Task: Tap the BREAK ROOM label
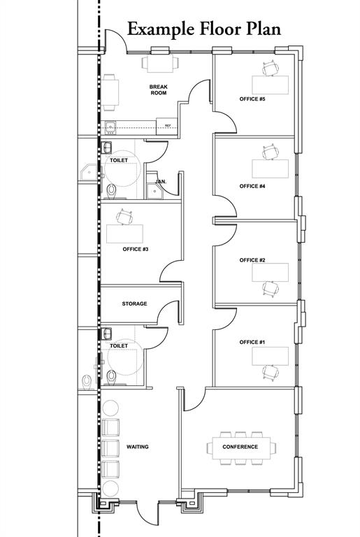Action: click(x=158, y=90)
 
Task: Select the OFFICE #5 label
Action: click(x=252, y=99)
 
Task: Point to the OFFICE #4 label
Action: click(x=252, y=187)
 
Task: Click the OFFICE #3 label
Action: click(x=135, y=249)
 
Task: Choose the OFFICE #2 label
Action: click(x=252, y=260)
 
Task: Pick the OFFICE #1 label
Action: click(x=252, y=342)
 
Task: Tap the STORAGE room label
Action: click(x=134, y=304)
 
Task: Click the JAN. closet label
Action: click(x=160, y=181)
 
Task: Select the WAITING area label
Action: click(x=138, y=446)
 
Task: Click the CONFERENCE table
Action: click(x=240, y=447)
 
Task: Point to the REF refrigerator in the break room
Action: click(x=168, y=126)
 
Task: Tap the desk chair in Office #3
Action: click(x=126, y=216)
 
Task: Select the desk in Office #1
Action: click(x=270, y=356)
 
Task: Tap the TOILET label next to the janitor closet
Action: click(x=119, y=161)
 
